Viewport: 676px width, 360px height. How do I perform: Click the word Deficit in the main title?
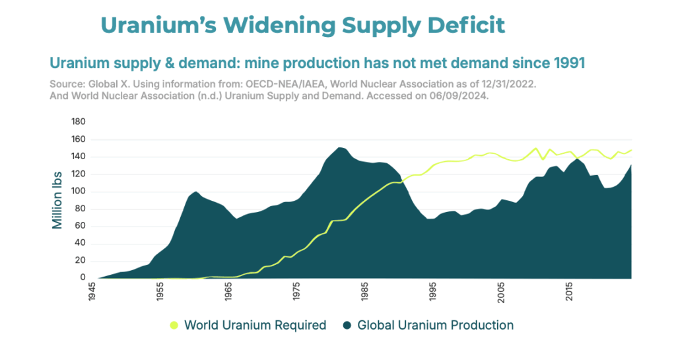465,25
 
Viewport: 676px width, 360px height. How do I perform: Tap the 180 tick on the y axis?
79,122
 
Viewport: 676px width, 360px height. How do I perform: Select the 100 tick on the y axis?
79,192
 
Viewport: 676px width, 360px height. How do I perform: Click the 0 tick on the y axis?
84,278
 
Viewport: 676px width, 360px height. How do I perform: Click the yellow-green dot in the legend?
174,325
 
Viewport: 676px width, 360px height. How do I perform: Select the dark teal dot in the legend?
347,325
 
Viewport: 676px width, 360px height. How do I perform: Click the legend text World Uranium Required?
255,325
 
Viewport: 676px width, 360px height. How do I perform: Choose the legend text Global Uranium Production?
435,325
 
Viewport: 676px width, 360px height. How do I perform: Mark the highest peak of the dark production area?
339,148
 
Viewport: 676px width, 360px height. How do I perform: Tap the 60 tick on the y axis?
81,226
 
